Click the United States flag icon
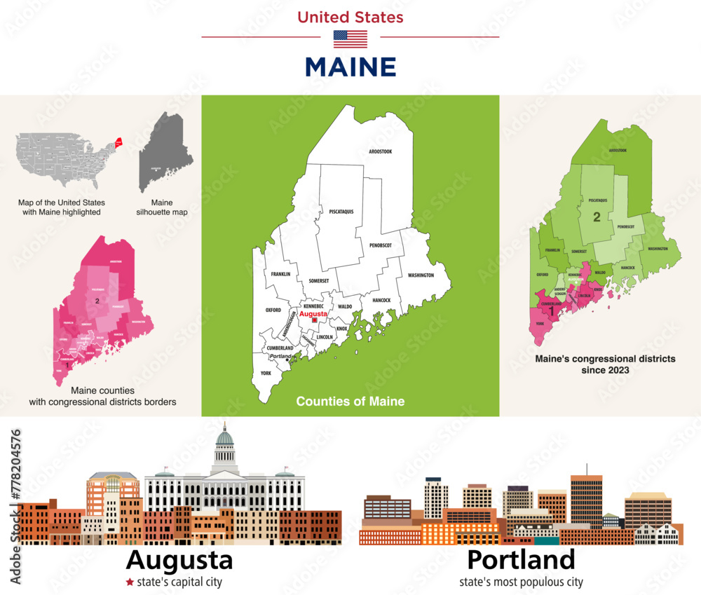pyautogui.click(x=350, y=39)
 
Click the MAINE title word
pyautogui.click(x=350, y=67)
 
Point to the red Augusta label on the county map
pyautogui.click(x=313, y=315)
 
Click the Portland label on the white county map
pyautogui.click(x=280, y=356)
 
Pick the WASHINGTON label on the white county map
pyautogui.click(x=420, y=275)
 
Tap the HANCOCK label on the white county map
pyautogui.click(x=381, y=300)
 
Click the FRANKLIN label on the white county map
pyautogui.click(x=280, y=275)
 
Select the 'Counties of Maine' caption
pyautogui.click(x=350, y=402)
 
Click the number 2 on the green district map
pyautogui.click(x=597, y=217)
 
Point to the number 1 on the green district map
pyautogui.click(x=552, y=310)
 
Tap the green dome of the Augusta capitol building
pyautogui.click(x=224, y=439)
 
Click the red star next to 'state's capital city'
pyautogui.click(x=129, y=582)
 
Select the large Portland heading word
pyautogui.click(x=521, y=560)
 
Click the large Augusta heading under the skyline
pyautogui.click(x=179, y=560)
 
